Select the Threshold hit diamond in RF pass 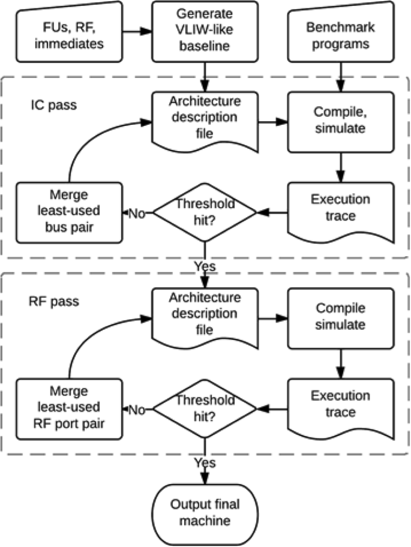pos(205,410)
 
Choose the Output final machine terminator pos(205,510)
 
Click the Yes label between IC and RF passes pos(205,265)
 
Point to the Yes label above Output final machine pos(205,462)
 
